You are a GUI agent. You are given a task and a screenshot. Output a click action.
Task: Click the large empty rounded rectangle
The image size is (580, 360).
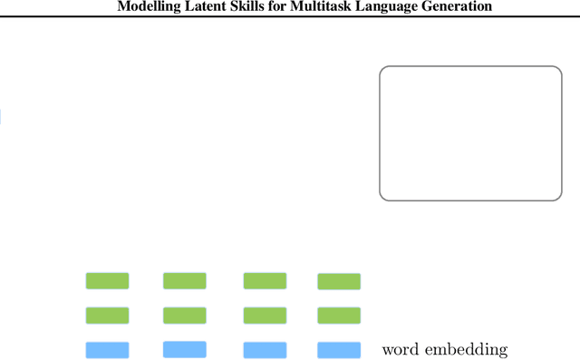(470, 132)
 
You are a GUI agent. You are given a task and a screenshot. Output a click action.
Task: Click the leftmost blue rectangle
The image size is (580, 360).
(107, 350)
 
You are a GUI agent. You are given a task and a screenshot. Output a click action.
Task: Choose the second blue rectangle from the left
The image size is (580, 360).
(184, 349)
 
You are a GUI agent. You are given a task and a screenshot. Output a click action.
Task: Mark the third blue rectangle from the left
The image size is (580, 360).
(265, 350)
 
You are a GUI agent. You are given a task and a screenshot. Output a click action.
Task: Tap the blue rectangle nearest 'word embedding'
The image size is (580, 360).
(339, 350)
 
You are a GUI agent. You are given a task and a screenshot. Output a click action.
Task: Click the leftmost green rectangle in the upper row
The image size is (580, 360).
(107, 280)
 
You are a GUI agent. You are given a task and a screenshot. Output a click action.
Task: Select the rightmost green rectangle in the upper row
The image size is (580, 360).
(339, 281)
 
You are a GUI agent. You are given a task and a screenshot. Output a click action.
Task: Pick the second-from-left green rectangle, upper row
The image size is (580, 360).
(184, 280)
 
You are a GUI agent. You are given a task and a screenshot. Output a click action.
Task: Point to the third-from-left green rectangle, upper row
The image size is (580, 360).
(265, 280)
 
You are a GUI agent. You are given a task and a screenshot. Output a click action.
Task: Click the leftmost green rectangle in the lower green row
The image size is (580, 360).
(107, 316)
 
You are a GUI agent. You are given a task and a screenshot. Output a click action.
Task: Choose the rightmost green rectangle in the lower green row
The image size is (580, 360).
(339, 316)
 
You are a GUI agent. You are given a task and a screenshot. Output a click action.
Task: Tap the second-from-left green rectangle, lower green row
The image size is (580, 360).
(184, 316)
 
